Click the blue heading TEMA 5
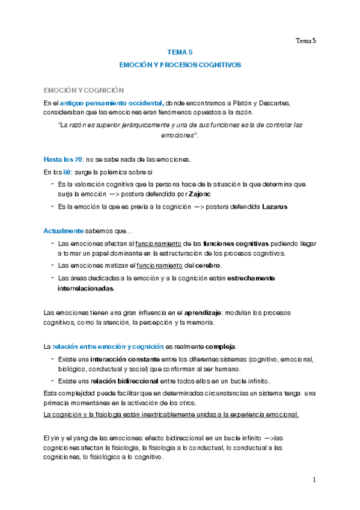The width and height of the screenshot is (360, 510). click(180, 52)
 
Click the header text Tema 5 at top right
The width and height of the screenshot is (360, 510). click(305, 41)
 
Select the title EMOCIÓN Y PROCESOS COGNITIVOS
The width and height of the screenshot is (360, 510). click(180, 64)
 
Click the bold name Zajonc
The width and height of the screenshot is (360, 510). click(199, 194)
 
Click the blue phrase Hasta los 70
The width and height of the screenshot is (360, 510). click(63, 159)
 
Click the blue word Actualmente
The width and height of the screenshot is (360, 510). click(63, 231)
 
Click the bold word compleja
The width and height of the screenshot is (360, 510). click(221, 347)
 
